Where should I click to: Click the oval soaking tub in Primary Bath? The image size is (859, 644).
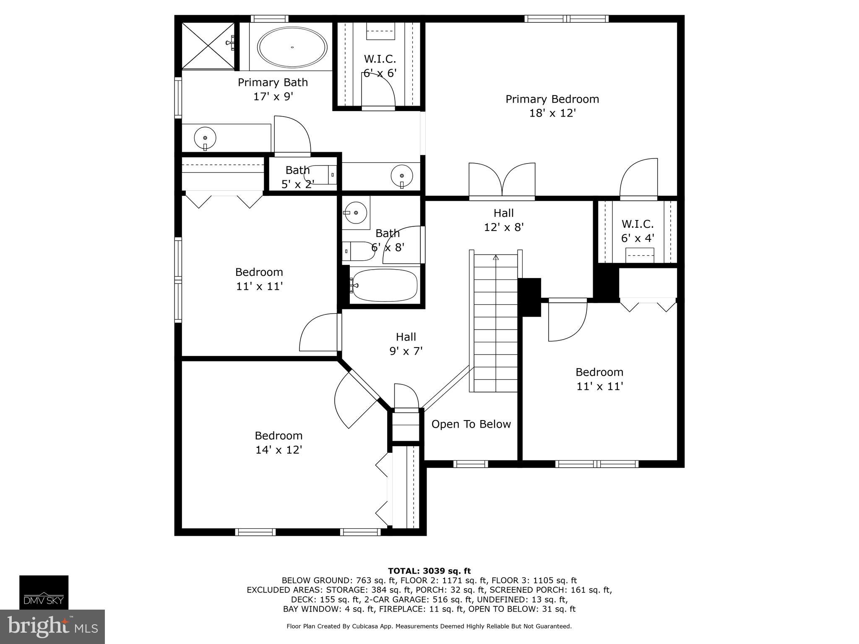(x=292, y=47)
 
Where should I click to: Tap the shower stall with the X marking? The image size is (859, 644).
(x=208, y=45)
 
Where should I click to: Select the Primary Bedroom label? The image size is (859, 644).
(x=552, y=99)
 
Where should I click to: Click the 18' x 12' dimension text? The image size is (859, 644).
(x=552, y=113)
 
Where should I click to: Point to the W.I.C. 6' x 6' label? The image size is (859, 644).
(x=380, y=66)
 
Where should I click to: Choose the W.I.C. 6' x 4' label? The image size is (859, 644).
(x=638, y=231)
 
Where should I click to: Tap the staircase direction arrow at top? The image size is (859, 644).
(x=496, y=257)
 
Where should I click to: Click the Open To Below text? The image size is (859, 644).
(x=471, y=424)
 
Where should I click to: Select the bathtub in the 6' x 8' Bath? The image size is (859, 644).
(x=384, y=285)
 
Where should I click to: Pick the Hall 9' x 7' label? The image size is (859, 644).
(x=406, y=344)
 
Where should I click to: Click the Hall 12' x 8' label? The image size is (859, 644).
(x=504, y=220)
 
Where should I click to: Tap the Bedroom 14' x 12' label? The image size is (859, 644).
(x=279, y=442)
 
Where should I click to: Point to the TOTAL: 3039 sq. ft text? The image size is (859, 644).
(x=429, y=571)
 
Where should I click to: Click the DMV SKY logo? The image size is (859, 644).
(x=44, y=592)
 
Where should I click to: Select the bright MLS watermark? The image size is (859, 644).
(x=52, y=626)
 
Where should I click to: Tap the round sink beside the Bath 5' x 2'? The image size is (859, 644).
(x=402, y=176)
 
